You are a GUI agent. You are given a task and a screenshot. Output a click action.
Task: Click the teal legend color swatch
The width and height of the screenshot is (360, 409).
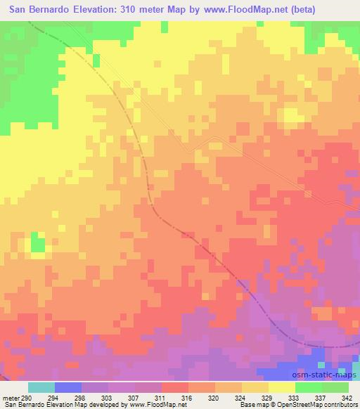point(41,387)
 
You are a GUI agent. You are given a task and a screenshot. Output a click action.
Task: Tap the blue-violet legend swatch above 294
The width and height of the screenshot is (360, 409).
point(68,387)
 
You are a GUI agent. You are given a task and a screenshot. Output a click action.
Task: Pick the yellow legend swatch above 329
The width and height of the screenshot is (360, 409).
point(255,387)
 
